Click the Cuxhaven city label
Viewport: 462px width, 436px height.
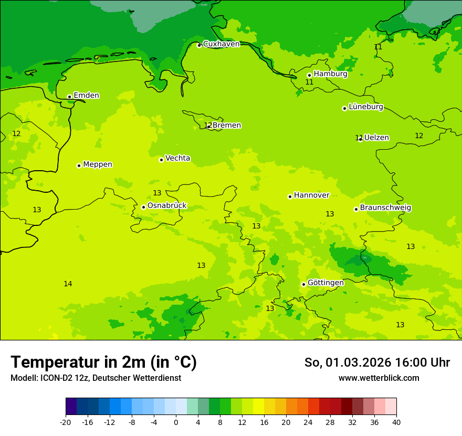coord(221,44)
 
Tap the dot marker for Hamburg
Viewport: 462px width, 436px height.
coord(309,75)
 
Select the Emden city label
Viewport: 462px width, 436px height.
coord(86,96)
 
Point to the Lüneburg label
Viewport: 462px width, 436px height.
coord(365,107)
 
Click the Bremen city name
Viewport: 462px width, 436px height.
coord(227,126)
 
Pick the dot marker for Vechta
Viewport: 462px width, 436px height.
coord(161,160)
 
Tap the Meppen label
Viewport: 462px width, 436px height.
coord(98,164)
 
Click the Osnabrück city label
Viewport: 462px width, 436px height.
coord(167,206)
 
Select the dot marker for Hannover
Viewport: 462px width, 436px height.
coord(290,196)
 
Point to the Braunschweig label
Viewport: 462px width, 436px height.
coord(385,208)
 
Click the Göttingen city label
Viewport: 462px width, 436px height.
coord(325,283)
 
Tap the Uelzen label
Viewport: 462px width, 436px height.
coord(376,138)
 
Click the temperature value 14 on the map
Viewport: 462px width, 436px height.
coord(68,284)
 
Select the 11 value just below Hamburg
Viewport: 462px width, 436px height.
coord(309,82)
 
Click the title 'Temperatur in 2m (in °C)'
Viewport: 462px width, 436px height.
coord(104,362)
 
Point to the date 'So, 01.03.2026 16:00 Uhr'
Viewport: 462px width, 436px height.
coord(377,362)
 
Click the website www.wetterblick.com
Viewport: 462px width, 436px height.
coord(379,378)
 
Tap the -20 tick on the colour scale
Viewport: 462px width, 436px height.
coord(66,422)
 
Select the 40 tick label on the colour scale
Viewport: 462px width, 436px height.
coord(396,422)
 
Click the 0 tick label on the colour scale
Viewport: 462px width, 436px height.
coord(176,422)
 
